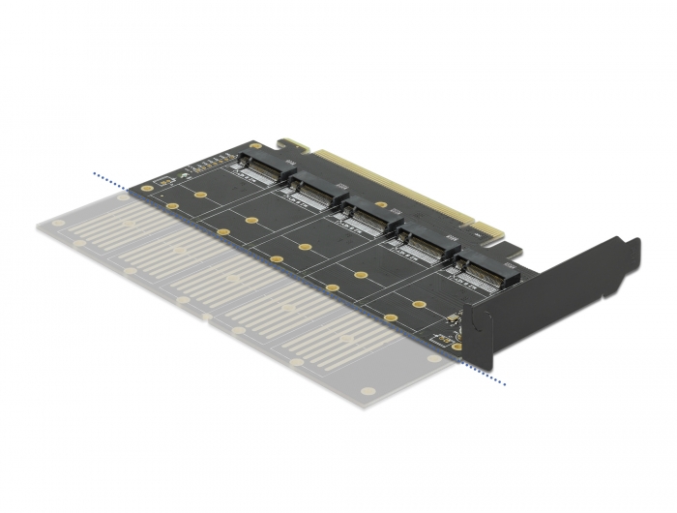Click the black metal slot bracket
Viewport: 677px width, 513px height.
pos(571,290)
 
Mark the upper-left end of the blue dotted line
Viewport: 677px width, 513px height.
pos(95,174)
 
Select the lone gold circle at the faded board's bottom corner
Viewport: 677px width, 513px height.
pos(367,391)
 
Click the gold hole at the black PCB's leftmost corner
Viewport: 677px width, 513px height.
pos(146,188)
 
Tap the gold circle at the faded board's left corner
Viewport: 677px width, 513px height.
pos(60,223)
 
